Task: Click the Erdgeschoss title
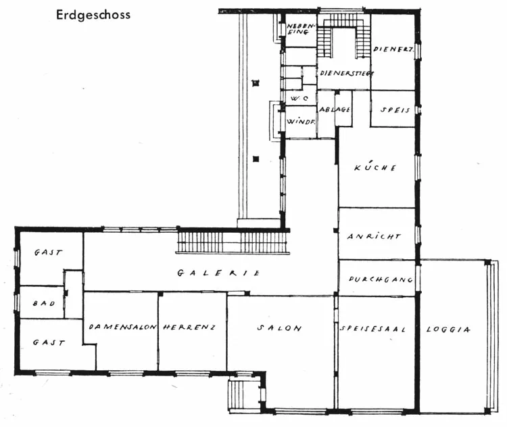click(x=93, y=15)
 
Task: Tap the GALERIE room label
click(x=218, y=273)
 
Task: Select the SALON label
click(x=279, y=328)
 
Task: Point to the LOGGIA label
click(x=448, y=330)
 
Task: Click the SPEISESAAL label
click(x=372, y=329)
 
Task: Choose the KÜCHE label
click(x=375, y=167)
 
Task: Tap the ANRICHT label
click(x=374, y=236)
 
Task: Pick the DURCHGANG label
click(x=381, y=279)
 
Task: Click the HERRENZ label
click(x=189, y=327)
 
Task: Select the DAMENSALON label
click(x=123, y=327)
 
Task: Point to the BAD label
click(x=44, y=303)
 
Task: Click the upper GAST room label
click(x=48, y=252)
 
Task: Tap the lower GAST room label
click(x=49, y=342)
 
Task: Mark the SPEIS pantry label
click(x=395, y=110)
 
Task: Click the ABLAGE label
click(x=335, y=110)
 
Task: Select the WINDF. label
click(x=301, y=122)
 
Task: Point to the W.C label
click(x=299, y=98)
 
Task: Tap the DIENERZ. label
click(x=393, y=49)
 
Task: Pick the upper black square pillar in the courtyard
click(x=256, y=83)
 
